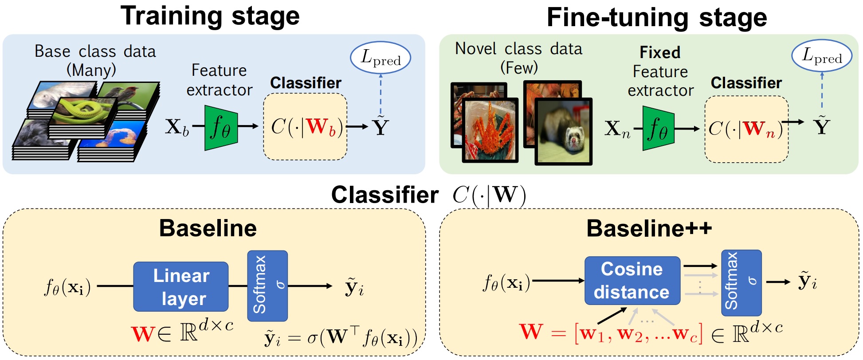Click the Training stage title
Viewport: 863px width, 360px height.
210,16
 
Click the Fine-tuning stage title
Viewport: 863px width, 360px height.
656,18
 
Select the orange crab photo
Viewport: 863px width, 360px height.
490,129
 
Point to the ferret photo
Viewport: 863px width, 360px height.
564,131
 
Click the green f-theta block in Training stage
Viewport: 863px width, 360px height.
221,127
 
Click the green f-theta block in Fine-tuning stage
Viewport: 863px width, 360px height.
659,129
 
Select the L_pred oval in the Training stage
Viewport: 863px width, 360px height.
381,58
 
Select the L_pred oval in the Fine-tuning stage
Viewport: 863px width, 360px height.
822,56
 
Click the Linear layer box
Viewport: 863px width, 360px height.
181,287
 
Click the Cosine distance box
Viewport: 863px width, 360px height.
632,281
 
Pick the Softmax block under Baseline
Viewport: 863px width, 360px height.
267,286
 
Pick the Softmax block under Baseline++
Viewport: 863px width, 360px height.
741,283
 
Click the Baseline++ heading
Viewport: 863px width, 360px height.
649,228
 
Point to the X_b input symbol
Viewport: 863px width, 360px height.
177,127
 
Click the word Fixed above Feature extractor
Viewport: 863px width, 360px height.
660,53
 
